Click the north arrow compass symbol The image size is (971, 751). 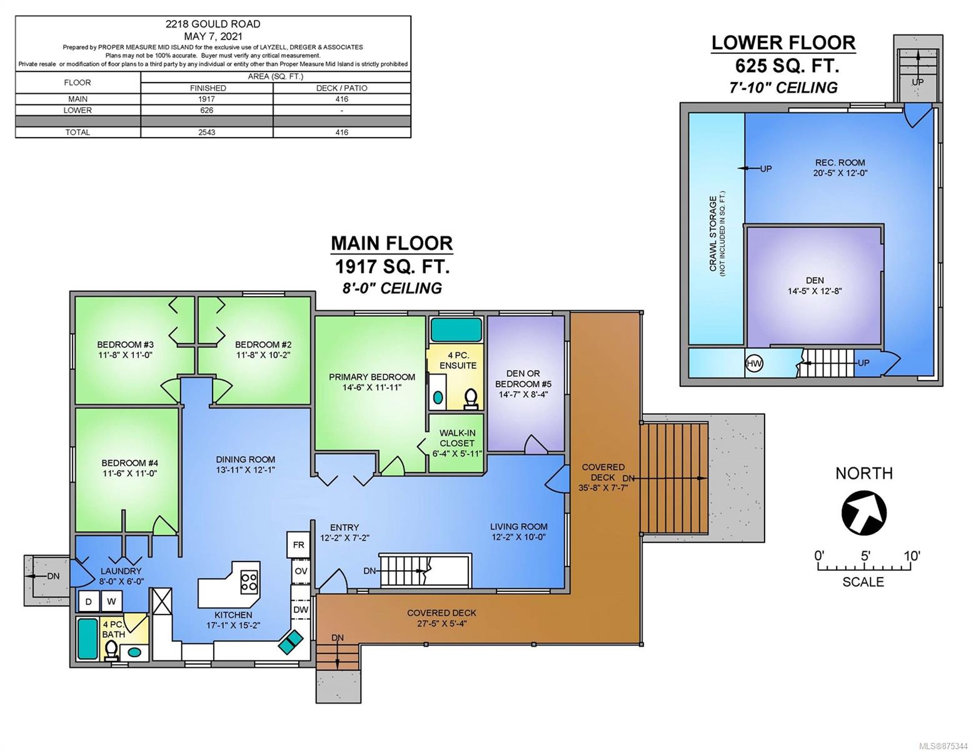[863, 513]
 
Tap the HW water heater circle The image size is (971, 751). [754, 364]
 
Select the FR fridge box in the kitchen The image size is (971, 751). [298, 544]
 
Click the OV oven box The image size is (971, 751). [301, 571]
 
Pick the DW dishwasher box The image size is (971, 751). [301, 609]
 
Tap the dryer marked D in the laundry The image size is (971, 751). [89, 601]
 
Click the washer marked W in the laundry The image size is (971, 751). [111, 601]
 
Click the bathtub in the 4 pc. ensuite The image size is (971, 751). [456, 330]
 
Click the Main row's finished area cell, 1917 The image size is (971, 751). [206, 99]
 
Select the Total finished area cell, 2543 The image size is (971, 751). [206, 133]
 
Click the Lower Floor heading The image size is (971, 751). [783, 43]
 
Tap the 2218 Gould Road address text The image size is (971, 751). [213, 24]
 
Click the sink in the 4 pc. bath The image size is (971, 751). [134, 652]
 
